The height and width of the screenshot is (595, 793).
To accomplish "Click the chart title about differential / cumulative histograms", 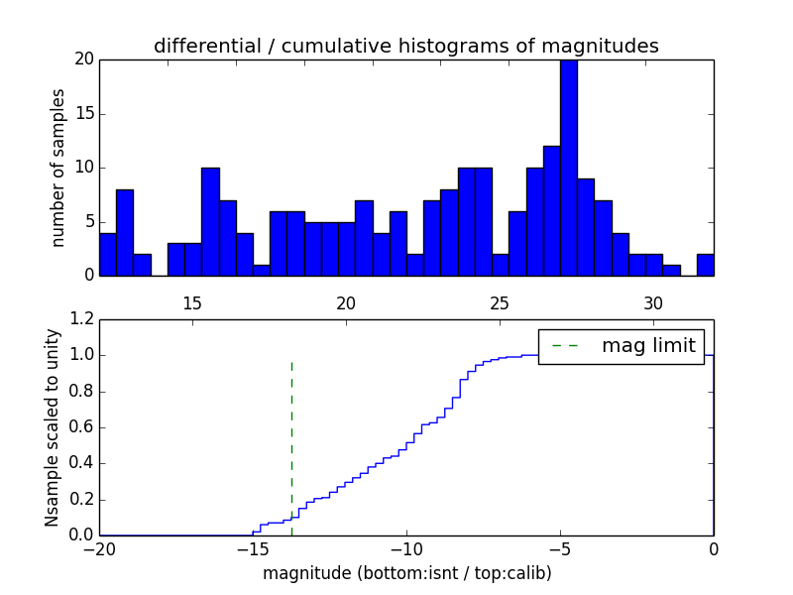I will (x=405, y=46).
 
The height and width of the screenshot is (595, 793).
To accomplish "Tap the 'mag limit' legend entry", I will (x=622, y=346).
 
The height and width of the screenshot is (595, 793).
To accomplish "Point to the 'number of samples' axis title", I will (x=58, y=167).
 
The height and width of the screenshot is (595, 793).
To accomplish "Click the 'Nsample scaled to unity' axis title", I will (x=53, y=426).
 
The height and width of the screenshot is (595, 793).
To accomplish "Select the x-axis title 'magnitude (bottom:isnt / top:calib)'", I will (x=406, y=573).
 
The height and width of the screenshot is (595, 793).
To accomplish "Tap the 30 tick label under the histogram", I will (x=653, y=302).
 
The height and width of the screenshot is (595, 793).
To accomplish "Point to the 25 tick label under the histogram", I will (x=500, y=302).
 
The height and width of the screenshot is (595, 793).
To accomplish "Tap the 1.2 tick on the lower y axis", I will (x=79, y=319).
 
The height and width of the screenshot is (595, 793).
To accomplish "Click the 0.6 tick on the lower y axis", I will (x=79, y=427).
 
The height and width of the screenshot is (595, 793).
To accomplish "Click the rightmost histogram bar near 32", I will (x=705, y=265).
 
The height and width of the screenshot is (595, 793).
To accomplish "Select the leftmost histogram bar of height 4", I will (x=107, y=254).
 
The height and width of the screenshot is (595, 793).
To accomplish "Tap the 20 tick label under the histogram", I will (x=346, y=302).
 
